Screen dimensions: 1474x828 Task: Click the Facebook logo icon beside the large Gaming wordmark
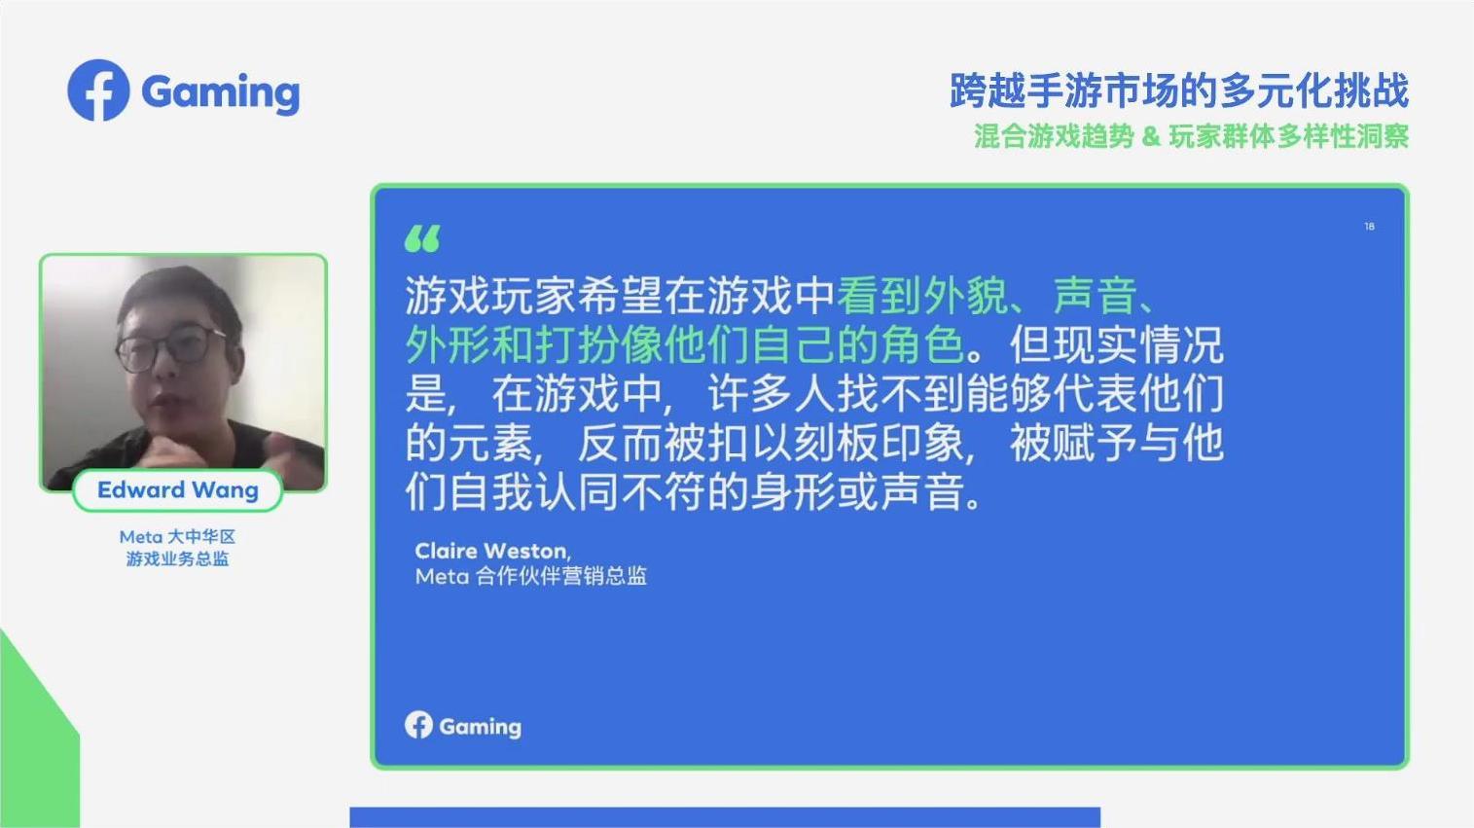pos(98,90)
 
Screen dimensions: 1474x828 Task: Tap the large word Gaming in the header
pos(221,92)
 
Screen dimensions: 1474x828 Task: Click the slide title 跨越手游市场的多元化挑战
pos(1179,90)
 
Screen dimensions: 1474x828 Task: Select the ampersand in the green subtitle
pos(1151,136)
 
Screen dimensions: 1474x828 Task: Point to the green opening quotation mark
pos(422,238)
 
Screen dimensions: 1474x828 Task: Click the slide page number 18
pos(1369,227)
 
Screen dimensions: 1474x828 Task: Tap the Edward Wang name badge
pos(178,490)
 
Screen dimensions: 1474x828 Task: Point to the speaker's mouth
pos(164,401)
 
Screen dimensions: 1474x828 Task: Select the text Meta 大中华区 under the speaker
pos(177,537)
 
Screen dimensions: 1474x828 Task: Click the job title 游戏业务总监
pos(177,558)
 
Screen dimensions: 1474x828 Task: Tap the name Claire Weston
pos(491,551)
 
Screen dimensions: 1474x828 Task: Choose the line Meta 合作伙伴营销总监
pos(531,577)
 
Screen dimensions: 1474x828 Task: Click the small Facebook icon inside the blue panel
pos(418,725)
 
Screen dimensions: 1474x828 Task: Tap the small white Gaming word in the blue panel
pos(480,728)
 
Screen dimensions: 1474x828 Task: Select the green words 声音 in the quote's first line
pos(1095,296)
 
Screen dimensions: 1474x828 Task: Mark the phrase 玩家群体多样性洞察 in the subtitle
pos(1289,136)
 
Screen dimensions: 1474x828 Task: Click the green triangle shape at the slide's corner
pos(33,743)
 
